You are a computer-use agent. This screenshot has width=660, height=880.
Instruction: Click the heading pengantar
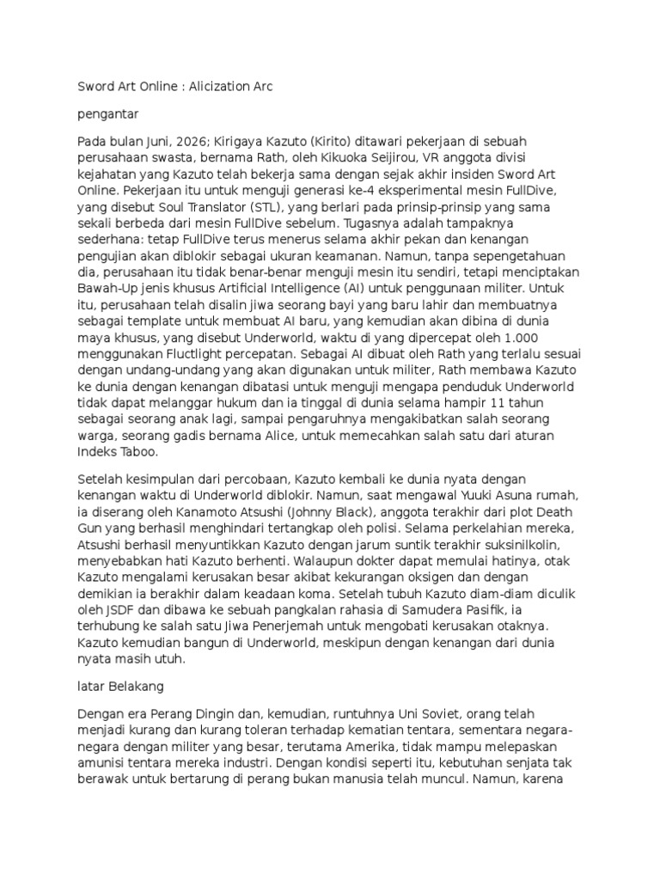(108, 113)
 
